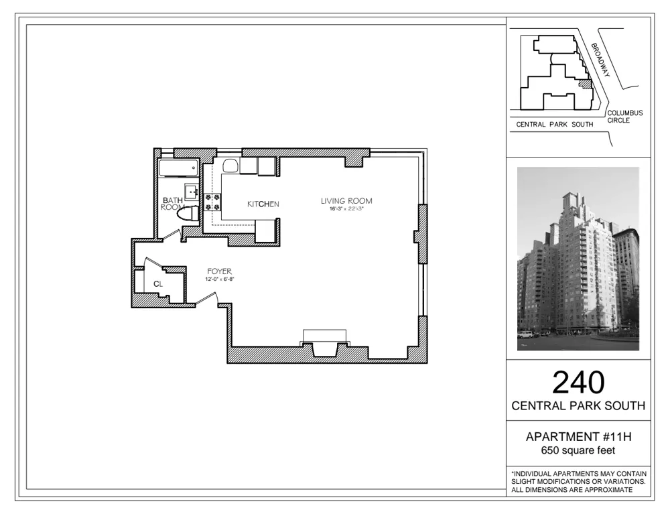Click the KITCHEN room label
click(263, 204)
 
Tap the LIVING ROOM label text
click(346, 201)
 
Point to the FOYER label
click(219, 271)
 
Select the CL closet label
click(158, 284)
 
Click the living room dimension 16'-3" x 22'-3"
click(346, 210)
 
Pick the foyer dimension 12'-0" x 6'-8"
click(219, 279)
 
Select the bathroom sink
click(192, 192)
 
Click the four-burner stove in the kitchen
click(213, 202)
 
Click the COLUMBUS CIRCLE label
click(624, 117)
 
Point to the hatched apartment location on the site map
click(584, 84)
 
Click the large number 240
click(578, 382)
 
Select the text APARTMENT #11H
click(578, 437)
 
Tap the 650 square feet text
click(578, 450)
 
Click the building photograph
click(578, 259)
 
